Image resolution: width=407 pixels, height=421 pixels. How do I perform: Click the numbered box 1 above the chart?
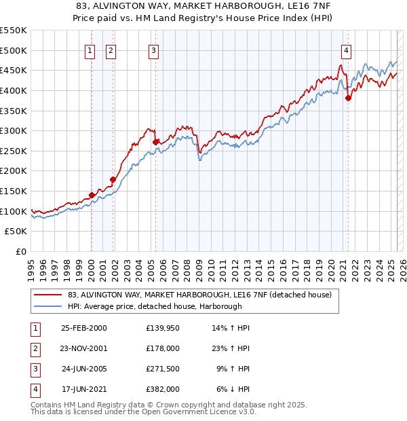click(x=90, y=50)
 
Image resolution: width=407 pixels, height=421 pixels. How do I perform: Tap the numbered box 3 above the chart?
click(x=154, y=50)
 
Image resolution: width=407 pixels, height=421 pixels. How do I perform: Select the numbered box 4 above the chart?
click(x=346, y=50)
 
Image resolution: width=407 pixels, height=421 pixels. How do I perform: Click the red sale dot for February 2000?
click(x=92, y=195)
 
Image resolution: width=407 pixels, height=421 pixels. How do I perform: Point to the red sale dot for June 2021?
click(x=348, y=98)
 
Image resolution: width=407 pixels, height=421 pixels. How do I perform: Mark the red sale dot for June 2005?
click(x=155, y=142)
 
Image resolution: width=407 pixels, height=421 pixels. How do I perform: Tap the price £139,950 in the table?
click(x=162, y=328)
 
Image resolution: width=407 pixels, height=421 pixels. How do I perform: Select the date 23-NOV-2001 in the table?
click(x=83, y=348)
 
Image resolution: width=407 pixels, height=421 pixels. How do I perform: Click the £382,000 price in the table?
click(x=162, y=389)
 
